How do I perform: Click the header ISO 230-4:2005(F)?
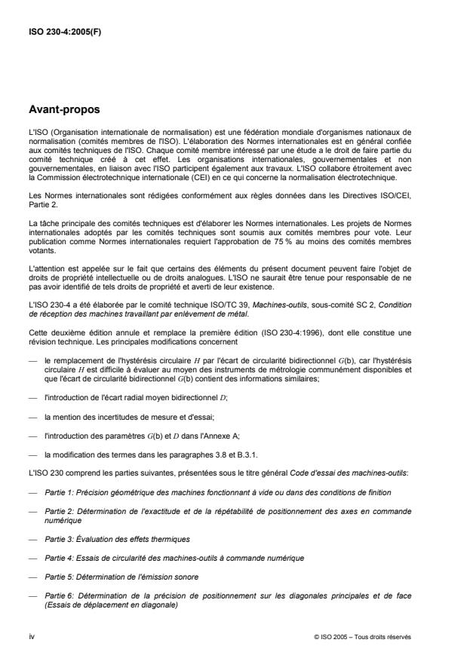(63, 32)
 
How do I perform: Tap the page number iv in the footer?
(32, 636)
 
